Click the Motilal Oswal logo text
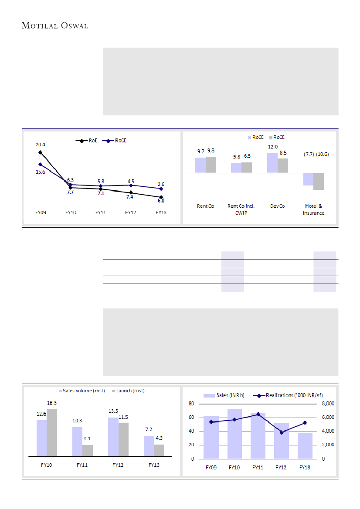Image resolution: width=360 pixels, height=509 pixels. (55, 26)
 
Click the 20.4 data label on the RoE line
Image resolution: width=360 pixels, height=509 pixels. (40, 144)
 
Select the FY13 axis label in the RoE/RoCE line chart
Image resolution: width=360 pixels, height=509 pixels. (161, 212)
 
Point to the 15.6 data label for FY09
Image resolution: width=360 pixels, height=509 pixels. (40, 172)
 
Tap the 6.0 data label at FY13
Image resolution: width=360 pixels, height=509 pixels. (161, 201)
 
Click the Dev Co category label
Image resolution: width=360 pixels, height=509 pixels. (277, 206)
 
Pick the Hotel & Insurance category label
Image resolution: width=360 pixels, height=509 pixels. (313, 209)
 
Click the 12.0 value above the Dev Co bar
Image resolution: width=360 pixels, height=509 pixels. (273, 147)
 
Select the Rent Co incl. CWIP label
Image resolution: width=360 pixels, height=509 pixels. (241, 209)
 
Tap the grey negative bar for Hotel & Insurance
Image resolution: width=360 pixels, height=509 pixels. (319, 181)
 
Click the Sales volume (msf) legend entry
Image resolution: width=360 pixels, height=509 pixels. (84, 391)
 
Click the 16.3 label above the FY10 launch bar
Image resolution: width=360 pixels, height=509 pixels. (52, 404)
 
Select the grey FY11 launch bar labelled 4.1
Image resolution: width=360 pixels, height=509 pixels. (88, 451)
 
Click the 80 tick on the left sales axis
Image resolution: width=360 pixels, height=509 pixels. (191, 404)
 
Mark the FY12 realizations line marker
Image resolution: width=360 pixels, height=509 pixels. (282, 432)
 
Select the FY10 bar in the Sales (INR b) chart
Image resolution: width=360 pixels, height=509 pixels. (234, 434)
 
